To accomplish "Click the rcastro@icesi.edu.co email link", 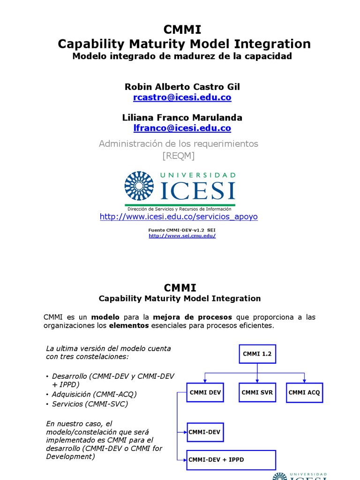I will (x=182, y=97).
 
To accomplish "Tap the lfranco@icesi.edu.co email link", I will (x=182, y=128).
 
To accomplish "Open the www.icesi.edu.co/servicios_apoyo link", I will (x=179, y=217).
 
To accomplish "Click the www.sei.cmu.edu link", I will (x=182, y=236).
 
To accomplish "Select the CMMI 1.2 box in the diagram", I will (x=257, y=354).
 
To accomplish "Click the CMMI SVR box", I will (x=257, y=392).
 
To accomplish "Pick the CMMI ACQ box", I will (x=304, y=392).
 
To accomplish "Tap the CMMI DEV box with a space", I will (x=205, y=392).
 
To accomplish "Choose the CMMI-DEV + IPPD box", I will (x=231, y=460).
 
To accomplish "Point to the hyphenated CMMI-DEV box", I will (x=205, y=431).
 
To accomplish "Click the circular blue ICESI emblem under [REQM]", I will (x=139, y=186).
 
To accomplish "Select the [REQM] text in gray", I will (x=179, y=156).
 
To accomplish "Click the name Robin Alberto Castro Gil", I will (x=182, y=87).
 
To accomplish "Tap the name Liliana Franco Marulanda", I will (x=182, y=118).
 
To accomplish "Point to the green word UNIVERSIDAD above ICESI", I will (x=198, y=175).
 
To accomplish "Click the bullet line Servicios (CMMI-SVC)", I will (x=90, y=404).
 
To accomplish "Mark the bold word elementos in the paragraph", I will (x=129, y=325).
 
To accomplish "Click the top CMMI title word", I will (x=182, y=30).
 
